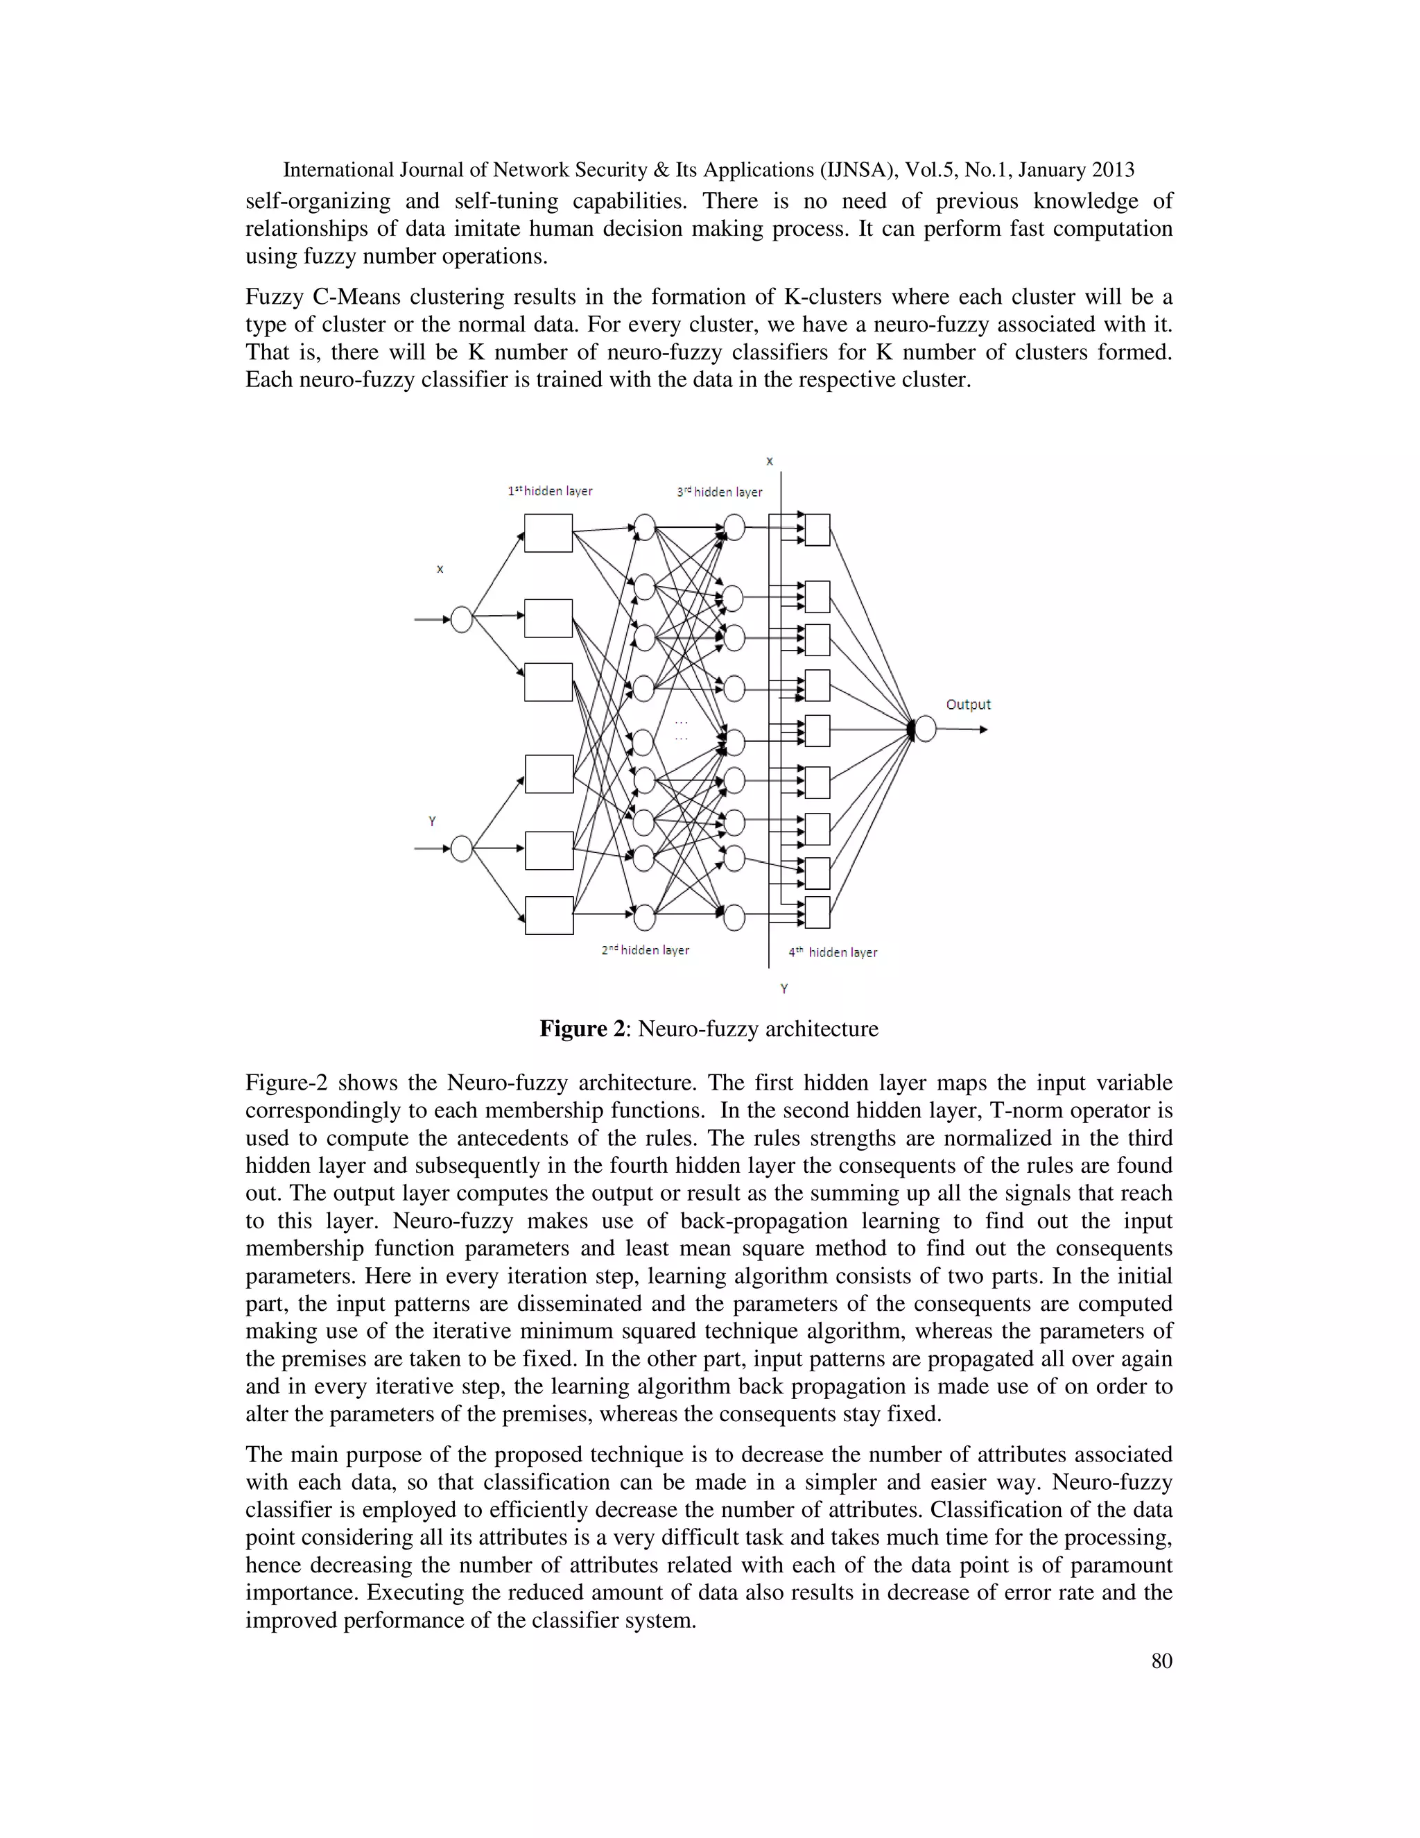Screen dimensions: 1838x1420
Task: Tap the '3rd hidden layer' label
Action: click(x=720, y=492)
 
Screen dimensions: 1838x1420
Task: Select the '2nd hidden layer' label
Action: click(x=646, y=950)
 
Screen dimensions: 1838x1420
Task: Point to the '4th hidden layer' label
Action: click(x=833, y=953)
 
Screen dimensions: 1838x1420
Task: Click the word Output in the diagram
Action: click(x=968, y=705)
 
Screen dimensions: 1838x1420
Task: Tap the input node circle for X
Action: click(x=462, y=619)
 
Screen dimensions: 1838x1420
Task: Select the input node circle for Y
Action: click(x=462, y=848)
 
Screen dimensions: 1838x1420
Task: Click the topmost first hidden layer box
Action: click(x=548, y=533)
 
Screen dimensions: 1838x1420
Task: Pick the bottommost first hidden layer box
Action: click(x=549, y=916)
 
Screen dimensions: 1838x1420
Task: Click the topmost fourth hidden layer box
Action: click(x=817, y=530)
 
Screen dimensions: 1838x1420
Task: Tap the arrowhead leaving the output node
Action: click(x=982, y=730)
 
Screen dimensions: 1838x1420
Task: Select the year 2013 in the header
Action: click(x=1113, y=170)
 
